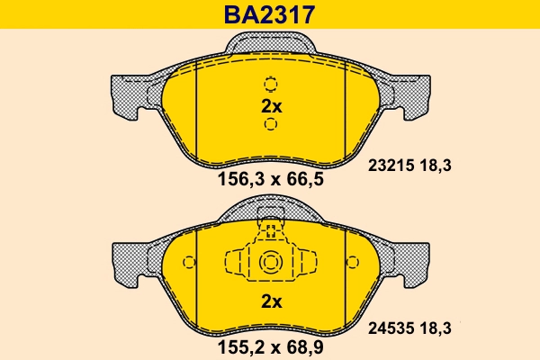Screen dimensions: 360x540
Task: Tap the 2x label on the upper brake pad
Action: (271, 106)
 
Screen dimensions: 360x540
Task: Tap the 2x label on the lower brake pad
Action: (271, 301)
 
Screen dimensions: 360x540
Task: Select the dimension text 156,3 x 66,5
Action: (270, 179)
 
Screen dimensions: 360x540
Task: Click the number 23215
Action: (390, 165)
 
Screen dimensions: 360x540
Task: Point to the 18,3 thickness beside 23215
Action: (434, 165)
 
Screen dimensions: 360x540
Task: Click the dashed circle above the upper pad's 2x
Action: (271, 85)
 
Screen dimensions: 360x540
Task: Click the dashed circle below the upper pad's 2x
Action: (271, 123)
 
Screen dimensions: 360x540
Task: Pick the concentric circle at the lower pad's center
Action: (271, 263)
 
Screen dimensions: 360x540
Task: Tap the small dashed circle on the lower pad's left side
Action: (189, 263)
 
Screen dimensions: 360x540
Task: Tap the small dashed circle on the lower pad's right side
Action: (352, 263)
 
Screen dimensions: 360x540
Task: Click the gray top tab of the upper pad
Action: (271, 41)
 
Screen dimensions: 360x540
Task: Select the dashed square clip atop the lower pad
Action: (271, 217)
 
